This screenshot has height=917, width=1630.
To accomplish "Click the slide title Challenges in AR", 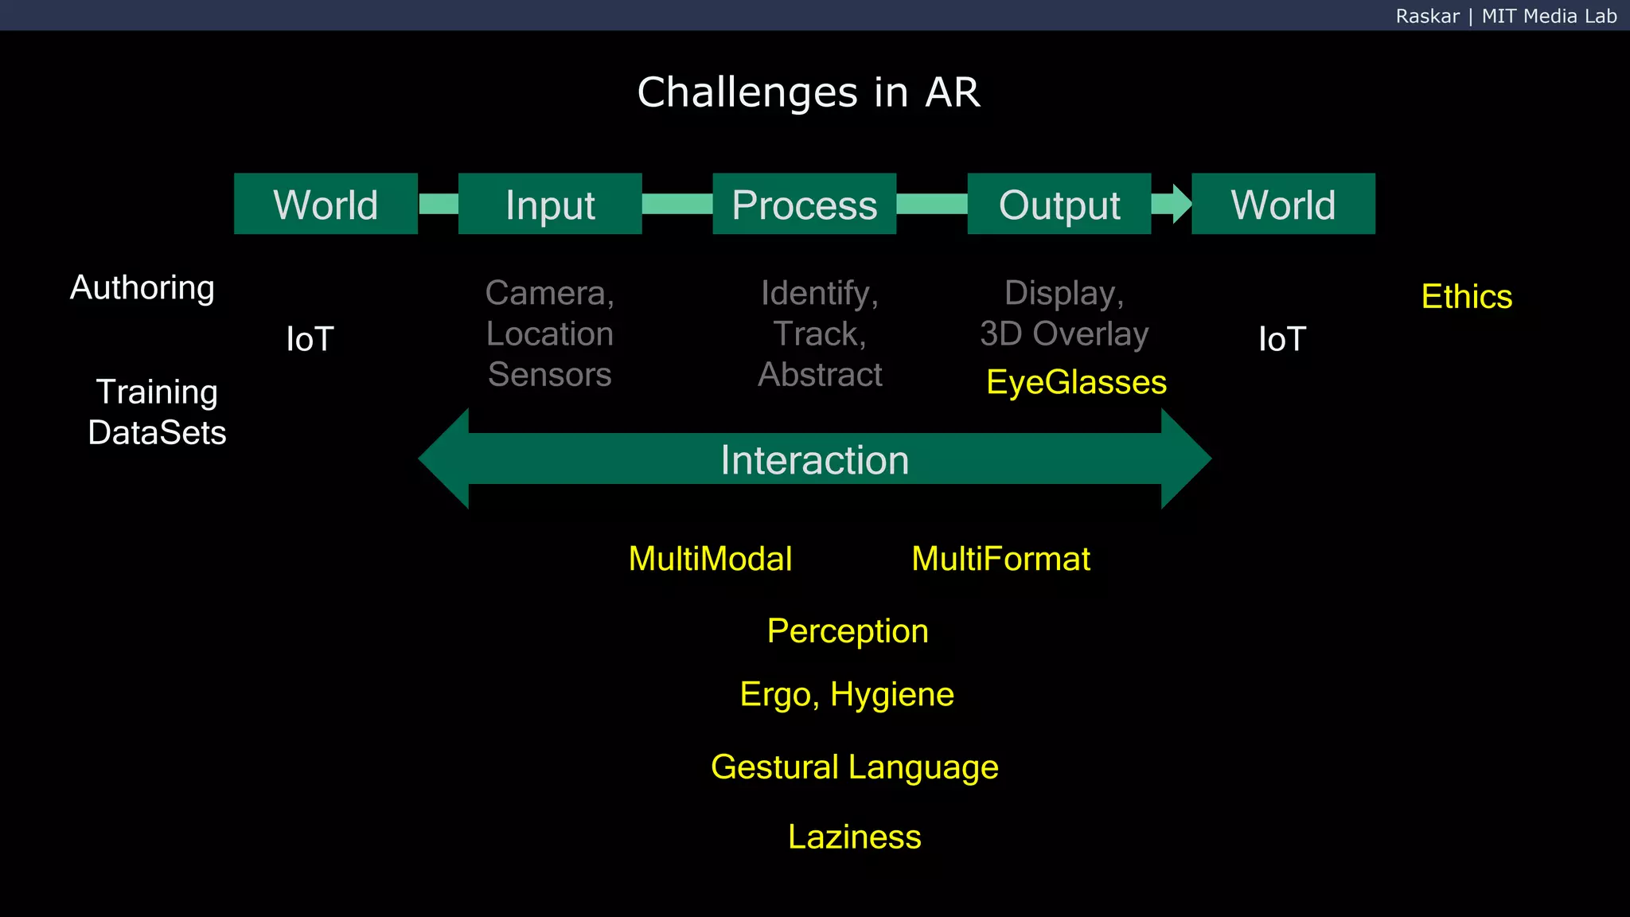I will pos(809,92).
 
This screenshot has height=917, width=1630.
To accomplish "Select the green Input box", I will pos(550,204).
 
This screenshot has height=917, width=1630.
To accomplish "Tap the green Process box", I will pos(804,204).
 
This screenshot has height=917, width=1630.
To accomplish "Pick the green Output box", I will pos(1059,204).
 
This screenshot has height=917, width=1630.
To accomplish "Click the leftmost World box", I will pos(326,204).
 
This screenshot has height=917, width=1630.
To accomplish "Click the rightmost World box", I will pos(1283,204).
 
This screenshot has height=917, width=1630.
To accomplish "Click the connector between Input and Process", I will pos(677,204).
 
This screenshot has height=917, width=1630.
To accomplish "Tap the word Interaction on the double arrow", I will pos(814,460).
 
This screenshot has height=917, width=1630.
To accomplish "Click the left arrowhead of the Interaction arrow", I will pos(446,458).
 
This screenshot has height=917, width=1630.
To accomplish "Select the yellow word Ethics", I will pos(1466,297).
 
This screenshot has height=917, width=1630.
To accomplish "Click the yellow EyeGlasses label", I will pos(1076,383).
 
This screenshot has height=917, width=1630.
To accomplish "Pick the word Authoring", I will pos(142,288).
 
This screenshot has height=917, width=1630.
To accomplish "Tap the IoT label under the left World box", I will pos(310,340).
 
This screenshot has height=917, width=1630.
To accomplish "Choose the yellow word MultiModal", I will pos(710,559).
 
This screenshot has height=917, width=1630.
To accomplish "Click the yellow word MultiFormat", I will pos(1000,559).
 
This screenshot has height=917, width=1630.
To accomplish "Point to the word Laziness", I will pos(854,837).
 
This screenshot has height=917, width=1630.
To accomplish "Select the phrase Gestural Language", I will pos(854,767).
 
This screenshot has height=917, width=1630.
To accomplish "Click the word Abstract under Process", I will pos(820,375).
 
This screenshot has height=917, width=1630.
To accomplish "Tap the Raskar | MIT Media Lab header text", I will pos(1506,16).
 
